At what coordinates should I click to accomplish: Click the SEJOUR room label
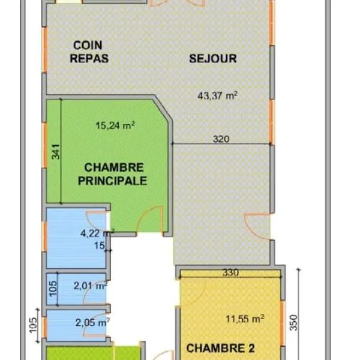pos(213,59)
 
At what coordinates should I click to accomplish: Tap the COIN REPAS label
pos(89,52)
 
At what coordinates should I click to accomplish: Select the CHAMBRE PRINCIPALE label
pos(113,174)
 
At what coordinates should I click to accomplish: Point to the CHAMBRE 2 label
pos(220,348)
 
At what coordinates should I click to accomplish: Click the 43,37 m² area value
pos(217,95)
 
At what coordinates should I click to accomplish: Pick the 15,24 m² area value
pos(115,125)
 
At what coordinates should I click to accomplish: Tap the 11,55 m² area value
pos(245,319)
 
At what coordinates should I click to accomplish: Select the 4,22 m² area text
pos(97,233)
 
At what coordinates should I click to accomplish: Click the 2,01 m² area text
pos(91,286)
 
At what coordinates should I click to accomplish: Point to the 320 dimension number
pos(221,139)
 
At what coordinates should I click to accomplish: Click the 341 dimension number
pos(56,152)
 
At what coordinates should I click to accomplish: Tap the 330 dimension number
pos(230,272)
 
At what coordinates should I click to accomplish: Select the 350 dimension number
pos(293,323)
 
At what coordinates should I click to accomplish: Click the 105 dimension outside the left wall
pos(33,325)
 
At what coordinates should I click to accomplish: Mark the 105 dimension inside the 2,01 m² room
pos(53,289)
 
